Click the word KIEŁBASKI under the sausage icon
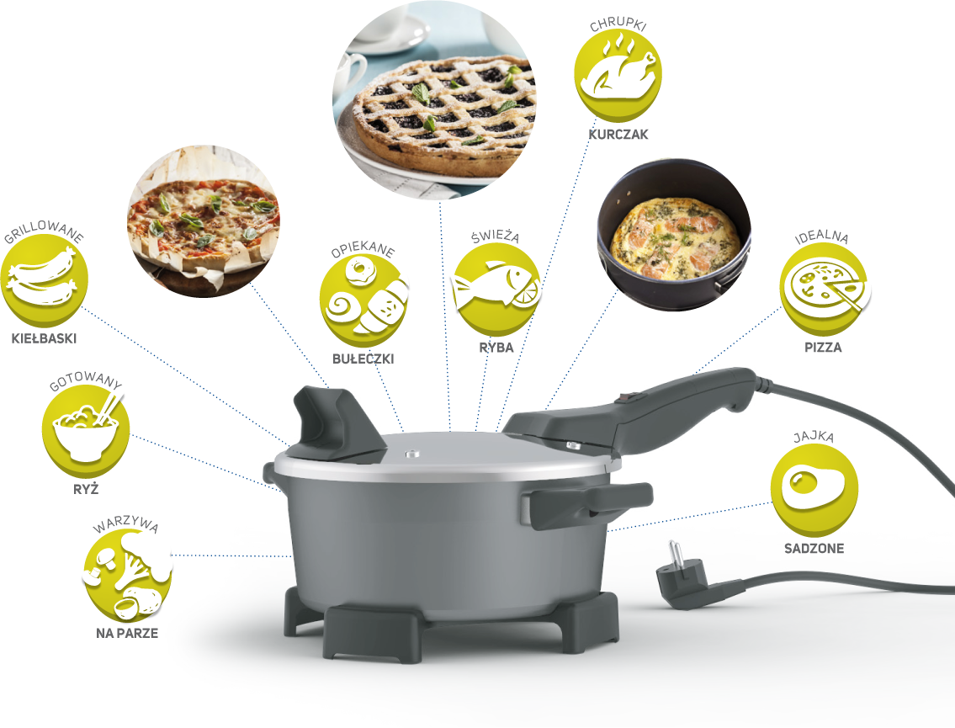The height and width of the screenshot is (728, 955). click(44, 338)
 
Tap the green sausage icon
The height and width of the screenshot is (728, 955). click(45, 281)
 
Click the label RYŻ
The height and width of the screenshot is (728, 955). click(86, 489)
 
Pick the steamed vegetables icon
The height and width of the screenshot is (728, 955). click(127, 576)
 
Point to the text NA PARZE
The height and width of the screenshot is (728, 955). click(127, 634)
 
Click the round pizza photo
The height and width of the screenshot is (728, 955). click(204, 221)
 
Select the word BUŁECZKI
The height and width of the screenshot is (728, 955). click(363, 359)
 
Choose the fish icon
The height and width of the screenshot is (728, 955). click(496, 289)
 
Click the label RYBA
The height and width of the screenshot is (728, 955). click(496, 348)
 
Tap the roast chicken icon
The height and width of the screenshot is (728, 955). click(618, 74)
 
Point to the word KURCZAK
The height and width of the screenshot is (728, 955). click(618, 135)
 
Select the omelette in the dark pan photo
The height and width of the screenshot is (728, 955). click(674, 236)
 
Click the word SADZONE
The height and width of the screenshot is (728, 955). click(814, 548)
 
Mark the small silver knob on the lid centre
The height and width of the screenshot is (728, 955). click(412, 454)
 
